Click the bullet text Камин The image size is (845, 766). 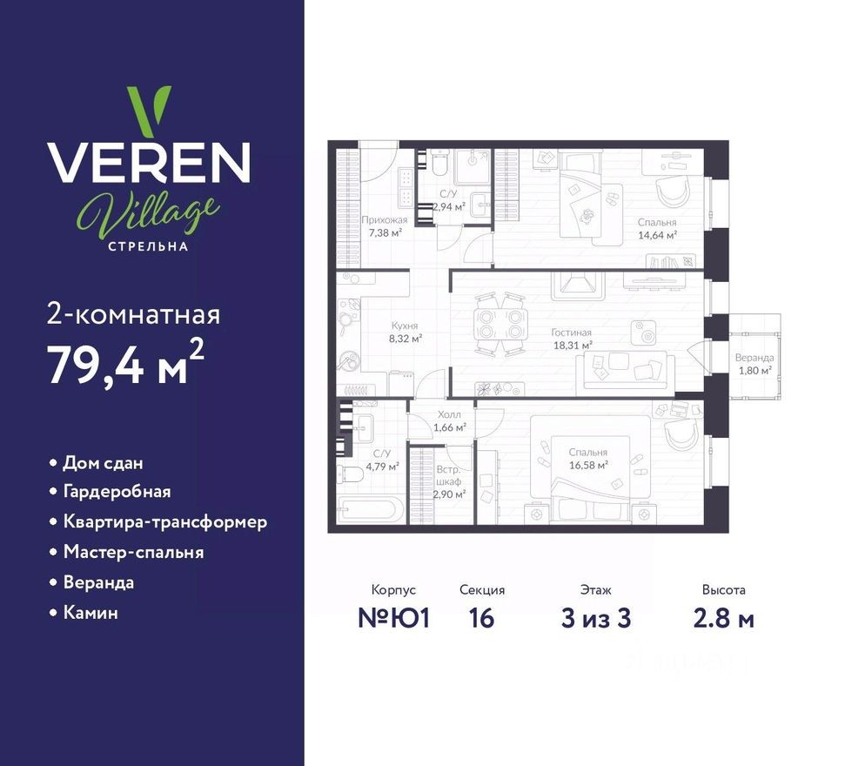pyautogui.click(x=90, y=613)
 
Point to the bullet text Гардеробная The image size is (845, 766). pyautogui.click(x=117, y=491)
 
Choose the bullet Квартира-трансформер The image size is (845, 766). pyautogui.click(x=164, y=521)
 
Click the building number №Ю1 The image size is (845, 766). pyautogui.click(x=393, y=619)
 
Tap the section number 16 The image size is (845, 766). pyautogui.click(x=481, y=619)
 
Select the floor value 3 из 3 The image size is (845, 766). pyautogui.click(x=595, y=619)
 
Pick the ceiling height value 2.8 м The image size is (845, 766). pyautogui.click(x=723, y=619)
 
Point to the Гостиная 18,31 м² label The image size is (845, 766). pyautogui.click(x=572, y=339)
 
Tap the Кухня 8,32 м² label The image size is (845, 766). pyautogui.click(x=405, y=332)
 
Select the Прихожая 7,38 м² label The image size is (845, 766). pyautogui.click(x=384, y=226)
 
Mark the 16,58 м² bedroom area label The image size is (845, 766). pyautogui.click(x=588, y=464)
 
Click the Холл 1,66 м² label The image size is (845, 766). pyautogui.click(x=450, y=420)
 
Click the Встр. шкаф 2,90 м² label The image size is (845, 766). pyautogui.click(x=450, y=480)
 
